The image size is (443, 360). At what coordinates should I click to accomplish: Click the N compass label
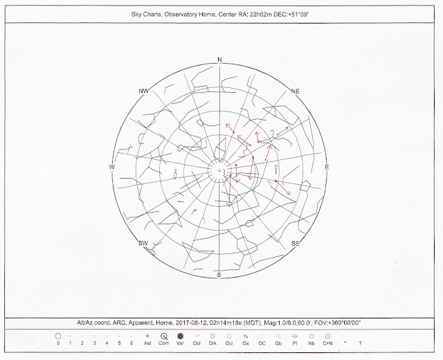219,60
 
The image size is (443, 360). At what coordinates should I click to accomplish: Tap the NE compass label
295,91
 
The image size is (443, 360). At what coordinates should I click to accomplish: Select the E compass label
327,168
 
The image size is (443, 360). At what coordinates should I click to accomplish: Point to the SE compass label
296,243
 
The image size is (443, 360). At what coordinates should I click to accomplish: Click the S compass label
219,276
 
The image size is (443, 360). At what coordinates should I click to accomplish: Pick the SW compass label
143,243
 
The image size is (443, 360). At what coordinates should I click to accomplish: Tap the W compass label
111,167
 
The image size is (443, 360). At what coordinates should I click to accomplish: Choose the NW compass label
143,91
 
